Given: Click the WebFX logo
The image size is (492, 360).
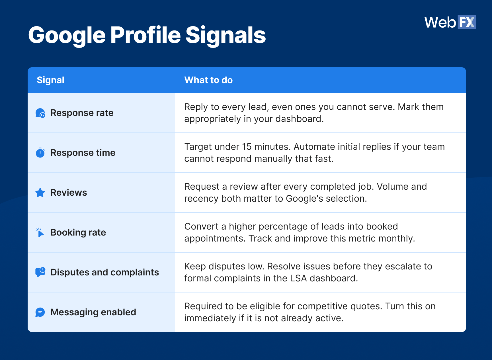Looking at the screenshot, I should tap(450, 22).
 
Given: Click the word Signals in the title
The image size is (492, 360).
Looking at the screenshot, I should tap(225, 35).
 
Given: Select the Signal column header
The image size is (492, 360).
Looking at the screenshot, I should tap(50, 80).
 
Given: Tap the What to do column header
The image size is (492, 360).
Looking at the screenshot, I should tap(208, 80).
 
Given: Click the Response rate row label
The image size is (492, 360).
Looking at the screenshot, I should tap(82, 113).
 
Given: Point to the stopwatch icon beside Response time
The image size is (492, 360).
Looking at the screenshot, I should tap(40, 153).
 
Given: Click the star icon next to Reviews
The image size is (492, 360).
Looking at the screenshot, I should tap(40, 193).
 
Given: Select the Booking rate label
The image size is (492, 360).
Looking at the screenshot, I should tap(78, 232).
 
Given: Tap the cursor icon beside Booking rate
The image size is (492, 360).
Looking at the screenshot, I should tap(40, 232).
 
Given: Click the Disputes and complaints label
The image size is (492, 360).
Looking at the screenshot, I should tap(104, 272).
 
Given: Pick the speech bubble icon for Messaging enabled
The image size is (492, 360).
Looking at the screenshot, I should tap(40, 312).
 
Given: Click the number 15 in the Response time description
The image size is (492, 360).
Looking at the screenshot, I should tap(247, 147).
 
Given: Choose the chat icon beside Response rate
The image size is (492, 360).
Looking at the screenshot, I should tap(40, 113).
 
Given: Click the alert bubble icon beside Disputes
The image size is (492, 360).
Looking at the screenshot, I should tap(40, 272).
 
